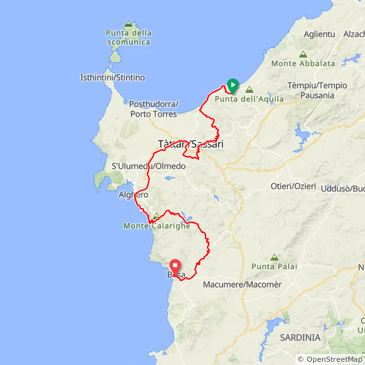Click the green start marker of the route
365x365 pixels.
[x=233, y=85]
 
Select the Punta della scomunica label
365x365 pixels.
[x=129, y=37]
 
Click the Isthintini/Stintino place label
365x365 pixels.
[x=112, y=77]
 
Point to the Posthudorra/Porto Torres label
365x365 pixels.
[x=154, y=109]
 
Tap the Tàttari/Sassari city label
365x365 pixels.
[x=190, y=144]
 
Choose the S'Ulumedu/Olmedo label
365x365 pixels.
[x=149, y=166]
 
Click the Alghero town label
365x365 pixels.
[x=133, y=195]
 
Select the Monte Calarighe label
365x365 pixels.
[x=157, y=225]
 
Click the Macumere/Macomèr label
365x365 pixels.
[x=242, y=284]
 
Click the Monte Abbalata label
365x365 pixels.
[x=303, y=63]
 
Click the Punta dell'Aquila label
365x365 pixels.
[x=245, y=99]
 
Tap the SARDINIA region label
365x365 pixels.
[x=300, y=337]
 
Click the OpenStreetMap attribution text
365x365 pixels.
[x=330, y=359]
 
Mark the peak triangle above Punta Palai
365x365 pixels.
[x=274, y=257]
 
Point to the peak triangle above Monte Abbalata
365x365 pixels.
[x=303, y=54]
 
